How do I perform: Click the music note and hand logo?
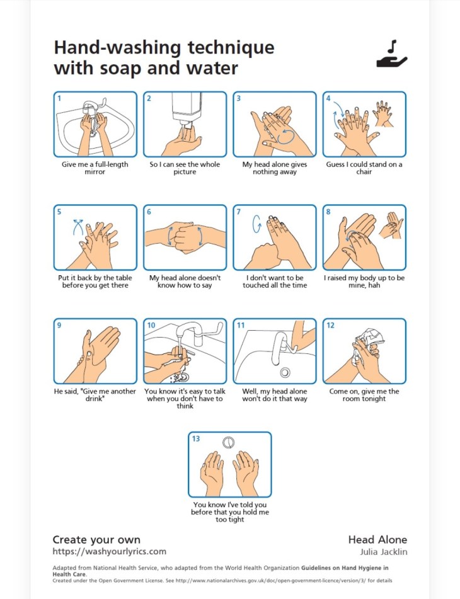click(x=391, y=54)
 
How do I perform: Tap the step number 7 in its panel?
click(x=239, y=212)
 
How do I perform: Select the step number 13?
click(x=195, y=438)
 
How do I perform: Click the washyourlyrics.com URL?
click(x=109, y=551)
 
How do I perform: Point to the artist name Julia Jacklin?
click(x=384, y=552)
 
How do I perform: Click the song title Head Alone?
click(x=377, y=539)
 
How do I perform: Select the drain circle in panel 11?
click(x=285, y=372)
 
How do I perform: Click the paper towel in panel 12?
click(x=367, y=341)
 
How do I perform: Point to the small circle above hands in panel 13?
click(x=229, y=442)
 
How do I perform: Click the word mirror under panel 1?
click(x=95, y=172)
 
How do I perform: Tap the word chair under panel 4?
click(x=364, y=172)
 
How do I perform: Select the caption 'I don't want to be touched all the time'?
click(x=275, y=282)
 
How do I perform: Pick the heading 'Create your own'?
click(x=96, y=539)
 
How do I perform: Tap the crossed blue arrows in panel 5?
click(x=78, y=227)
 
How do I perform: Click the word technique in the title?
click(x=231, y=48)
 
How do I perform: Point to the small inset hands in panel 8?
click(x=391, y=225)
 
